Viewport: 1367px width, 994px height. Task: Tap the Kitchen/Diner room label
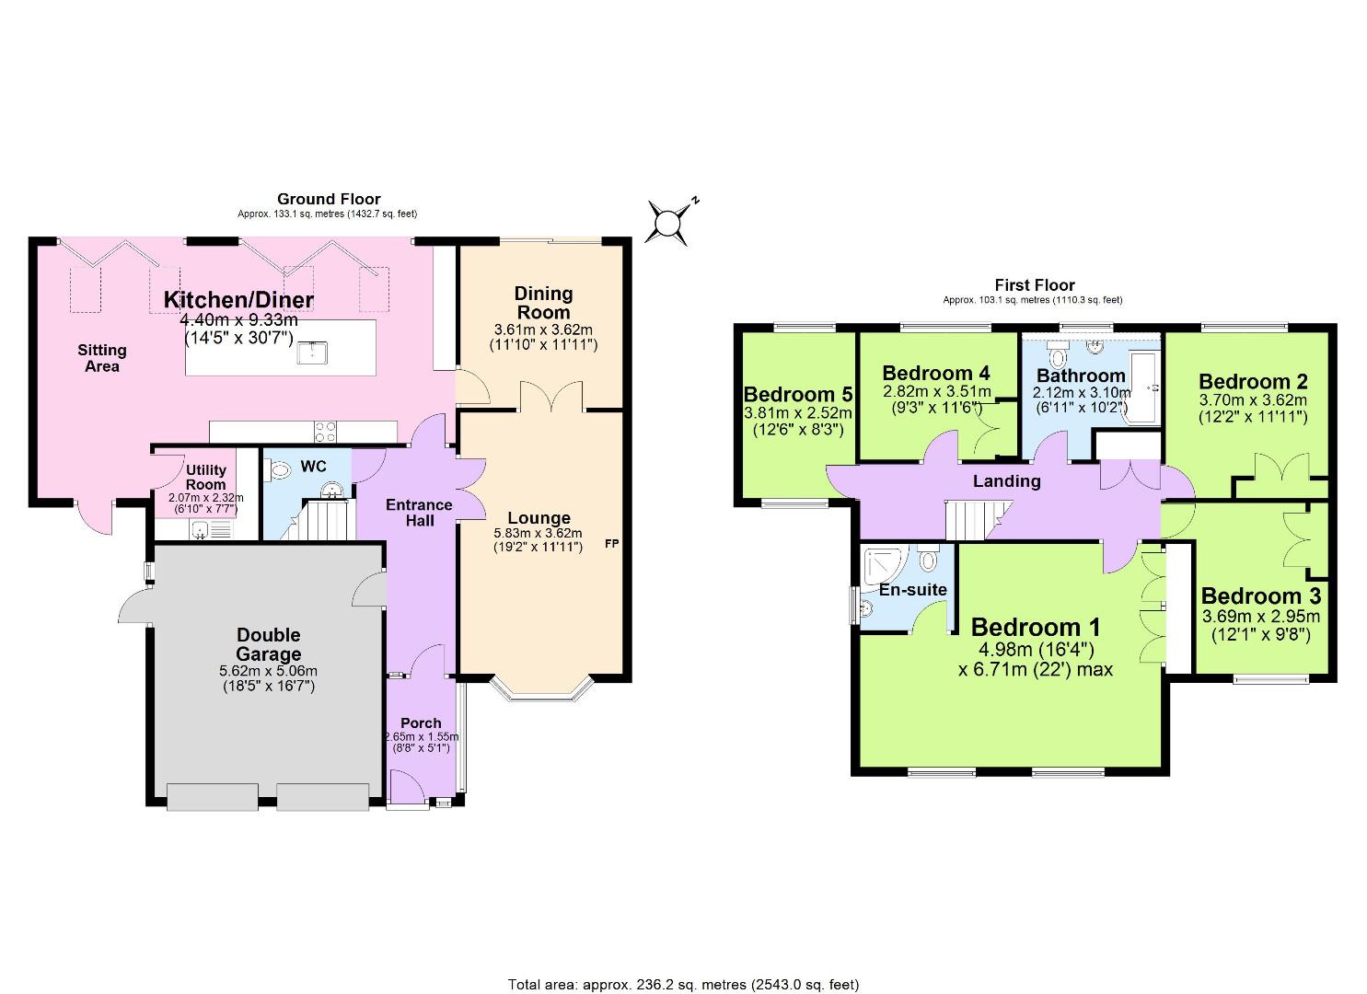click(x=238, y=299)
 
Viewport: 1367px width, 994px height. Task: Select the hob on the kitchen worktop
click(x=325, y=431)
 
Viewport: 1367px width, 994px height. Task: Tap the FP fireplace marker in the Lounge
click(x=610, y=544)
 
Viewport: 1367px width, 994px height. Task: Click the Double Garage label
click(x=268, y=644)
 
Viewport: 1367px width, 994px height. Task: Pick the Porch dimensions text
click(x=422, y=743)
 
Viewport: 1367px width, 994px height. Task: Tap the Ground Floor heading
click(x=329, y=199)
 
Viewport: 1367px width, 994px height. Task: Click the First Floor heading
click(x=1035, y=285)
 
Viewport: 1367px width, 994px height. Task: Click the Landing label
click(x=1007, y=480)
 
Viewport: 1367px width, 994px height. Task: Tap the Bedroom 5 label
click(x=797, y=394)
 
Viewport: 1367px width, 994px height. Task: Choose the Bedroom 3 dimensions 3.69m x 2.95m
click(x=1260, y=617)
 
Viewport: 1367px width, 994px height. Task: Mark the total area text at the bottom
click(x=683, y=985)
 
